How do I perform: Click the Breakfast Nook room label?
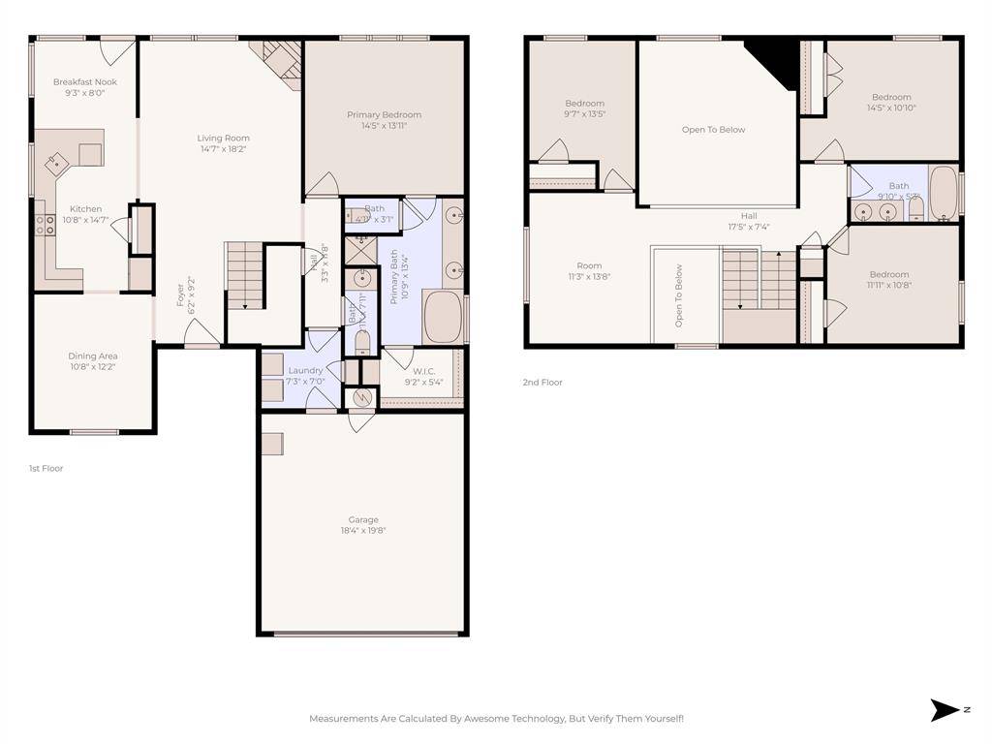(x=84, y=82)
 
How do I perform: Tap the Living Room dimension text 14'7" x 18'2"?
(x=224, y=149)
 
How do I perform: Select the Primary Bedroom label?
(x=385, y=114)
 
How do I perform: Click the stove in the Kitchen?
(x=45, y=226)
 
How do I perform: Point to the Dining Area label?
(x=93, y=356)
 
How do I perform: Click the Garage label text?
(x=363, y=519)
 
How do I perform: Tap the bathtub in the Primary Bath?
(x=443, y=317)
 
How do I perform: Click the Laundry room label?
(x=305, y=371)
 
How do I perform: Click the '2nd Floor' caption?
(x=542, y=383)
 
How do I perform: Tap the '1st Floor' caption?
(x=46, y=468)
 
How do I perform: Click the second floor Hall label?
(x=749, y=216)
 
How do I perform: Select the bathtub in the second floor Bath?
(x=943, y=194)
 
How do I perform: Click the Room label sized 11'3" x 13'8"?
(x=589, y=265)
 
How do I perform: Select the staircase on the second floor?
(x=759, y=280)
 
